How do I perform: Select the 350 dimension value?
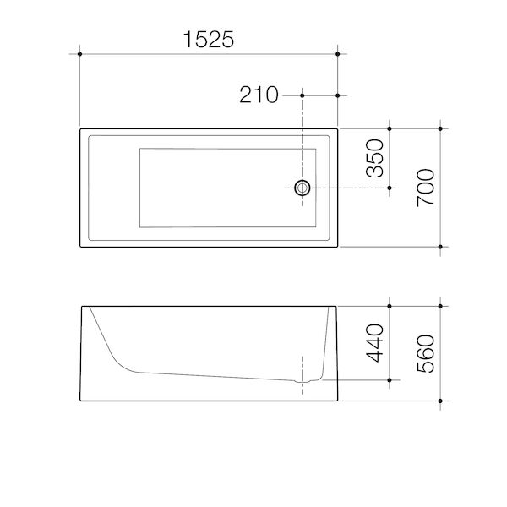pos(374,158)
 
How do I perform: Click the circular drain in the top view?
pos(302,188)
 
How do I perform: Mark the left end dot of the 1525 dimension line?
pos(79,54)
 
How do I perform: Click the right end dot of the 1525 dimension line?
pos(338,54)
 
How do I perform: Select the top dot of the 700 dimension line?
pos(440,128)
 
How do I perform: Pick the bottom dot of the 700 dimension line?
pos(440,246)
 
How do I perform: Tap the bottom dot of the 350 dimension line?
pos(390,188)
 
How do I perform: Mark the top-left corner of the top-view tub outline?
pos(80,128)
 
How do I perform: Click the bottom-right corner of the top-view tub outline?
pos(337,246)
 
